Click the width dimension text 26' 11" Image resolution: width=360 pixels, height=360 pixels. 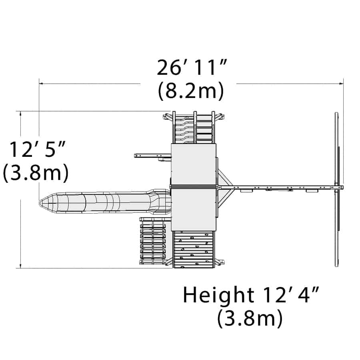192,68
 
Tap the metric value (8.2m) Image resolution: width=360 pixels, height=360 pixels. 190,90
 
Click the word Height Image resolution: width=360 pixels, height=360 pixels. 218,296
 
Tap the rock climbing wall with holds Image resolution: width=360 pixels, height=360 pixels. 194,249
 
